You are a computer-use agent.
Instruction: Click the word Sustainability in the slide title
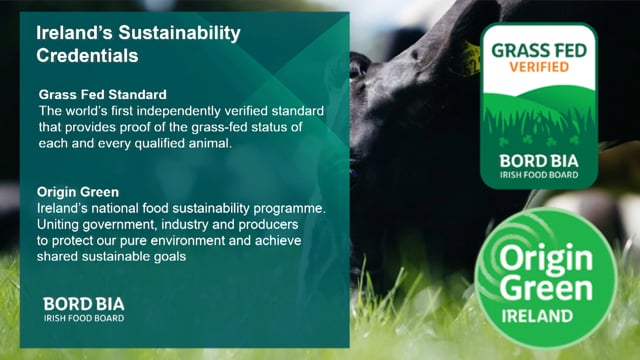tap(180, 33)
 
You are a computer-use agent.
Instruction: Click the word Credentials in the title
tap(87, 56)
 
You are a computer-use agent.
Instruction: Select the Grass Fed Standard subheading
tap(102, 95)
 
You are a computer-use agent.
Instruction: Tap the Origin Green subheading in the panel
tap(78, 192)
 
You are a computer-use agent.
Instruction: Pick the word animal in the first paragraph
tap(210, 143)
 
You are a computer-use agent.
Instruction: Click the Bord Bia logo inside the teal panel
tap(84, 309)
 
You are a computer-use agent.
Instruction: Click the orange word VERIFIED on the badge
tap(539, 67)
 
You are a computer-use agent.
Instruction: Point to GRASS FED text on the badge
tap(539, 51)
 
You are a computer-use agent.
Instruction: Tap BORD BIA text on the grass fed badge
tap(539, 161)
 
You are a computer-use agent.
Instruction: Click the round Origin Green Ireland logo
tap(546, 278)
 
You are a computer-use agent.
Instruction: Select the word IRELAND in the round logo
tap(537, 316)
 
